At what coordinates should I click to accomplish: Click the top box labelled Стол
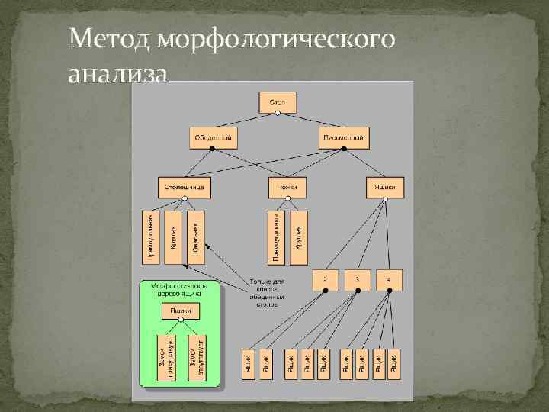[x=278, y=102]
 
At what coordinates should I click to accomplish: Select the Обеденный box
[x=213, y=138]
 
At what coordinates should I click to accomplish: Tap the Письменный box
[x=345, y=138]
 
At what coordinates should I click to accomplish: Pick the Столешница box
[x=184, y=187]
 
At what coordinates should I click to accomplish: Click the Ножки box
[x=287, y=187]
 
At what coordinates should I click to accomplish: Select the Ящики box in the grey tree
[x=385, y=187]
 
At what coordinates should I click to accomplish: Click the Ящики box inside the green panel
[x=181, y=311]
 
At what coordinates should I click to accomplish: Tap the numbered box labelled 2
[x=325, y=280]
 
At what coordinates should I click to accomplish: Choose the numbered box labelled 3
[x=357, y=280]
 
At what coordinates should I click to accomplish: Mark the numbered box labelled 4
[x=389, y=280]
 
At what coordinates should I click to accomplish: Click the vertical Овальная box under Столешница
[x=197, y=237]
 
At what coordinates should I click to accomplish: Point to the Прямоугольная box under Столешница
[x=152, y=237]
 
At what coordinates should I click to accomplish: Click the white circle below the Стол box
[x=278, y=114]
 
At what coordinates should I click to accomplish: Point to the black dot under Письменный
[x=345, y=150]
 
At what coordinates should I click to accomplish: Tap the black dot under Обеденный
[x=213, y=150]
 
